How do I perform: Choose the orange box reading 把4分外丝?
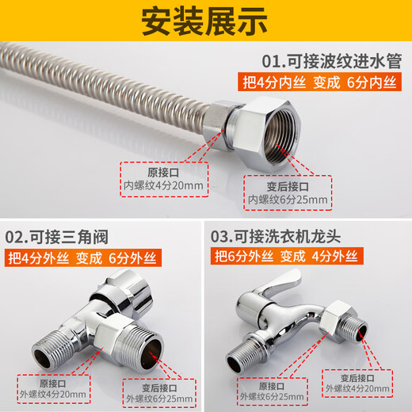click(37, 257)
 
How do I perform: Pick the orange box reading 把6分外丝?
click(243, 257)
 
